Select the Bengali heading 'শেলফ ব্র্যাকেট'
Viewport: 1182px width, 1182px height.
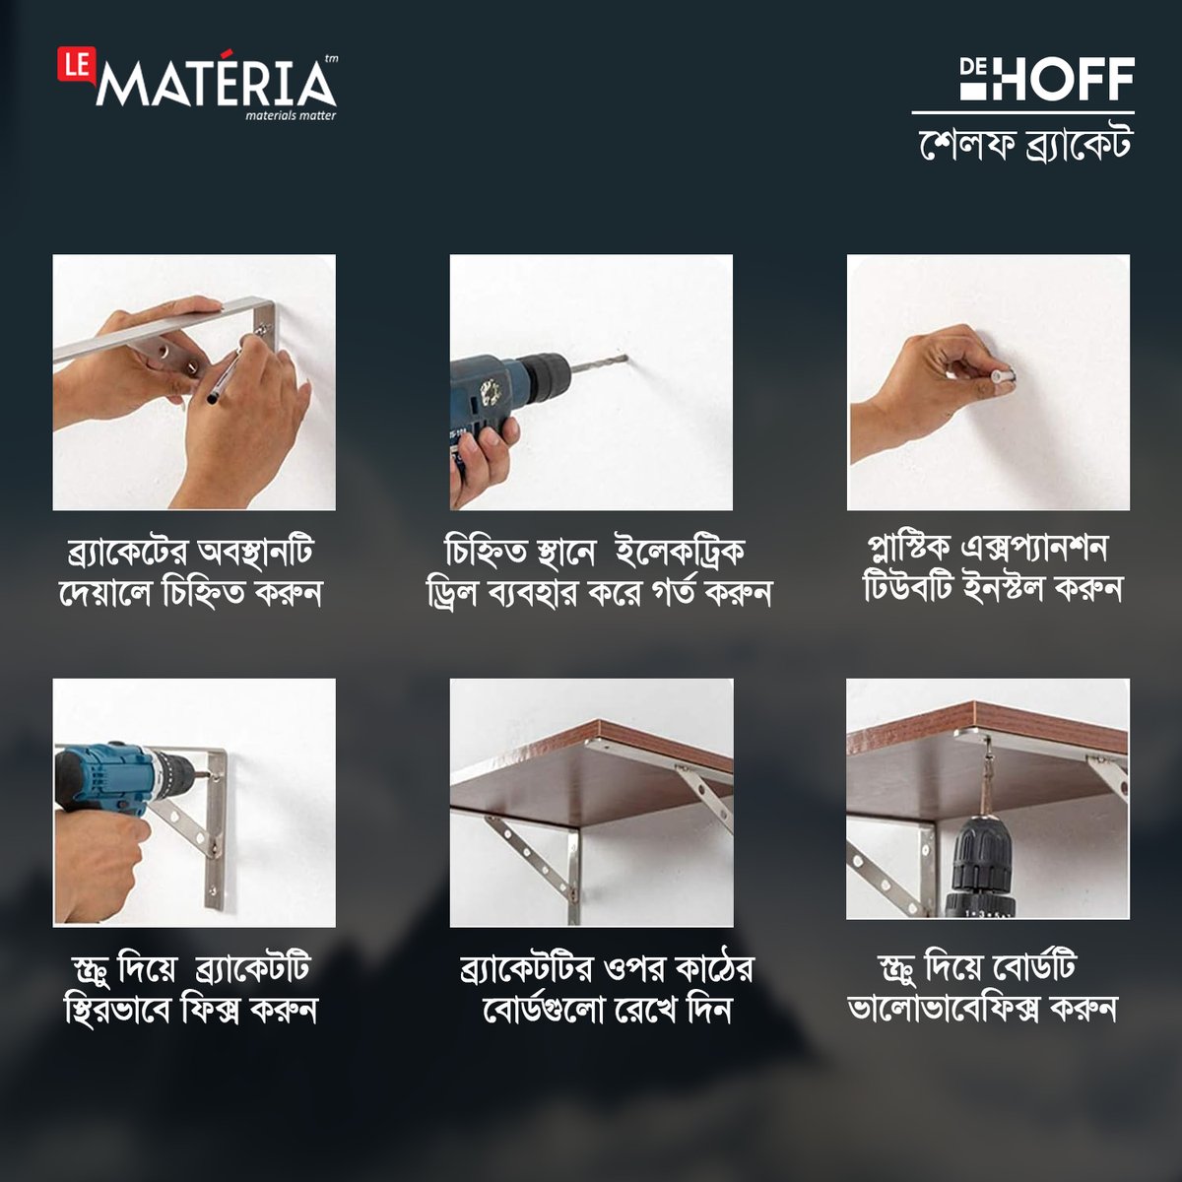click(1024, 144)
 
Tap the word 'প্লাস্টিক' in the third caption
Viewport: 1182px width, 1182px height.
click(908, 548)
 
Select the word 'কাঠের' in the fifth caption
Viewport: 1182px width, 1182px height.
click(715, 969)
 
